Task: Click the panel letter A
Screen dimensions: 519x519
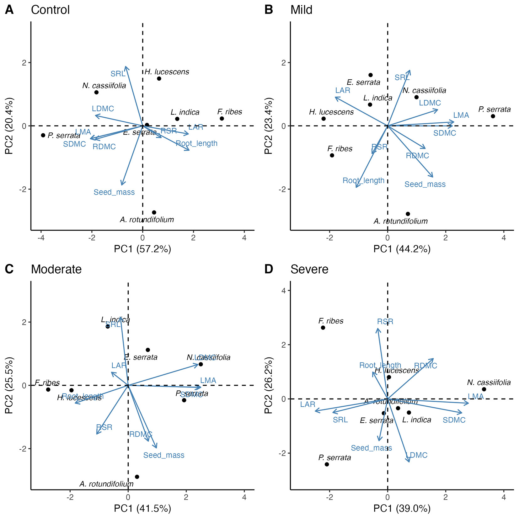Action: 9,10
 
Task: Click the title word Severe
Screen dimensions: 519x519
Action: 309,269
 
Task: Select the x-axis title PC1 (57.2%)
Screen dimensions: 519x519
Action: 142,249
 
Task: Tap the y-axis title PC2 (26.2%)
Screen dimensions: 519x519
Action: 268,385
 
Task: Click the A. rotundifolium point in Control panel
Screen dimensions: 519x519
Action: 154,212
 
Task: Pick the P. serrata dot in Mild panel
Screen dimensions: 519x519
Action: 493,116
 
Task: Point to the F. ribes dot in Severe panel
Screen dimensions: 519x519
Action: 323,328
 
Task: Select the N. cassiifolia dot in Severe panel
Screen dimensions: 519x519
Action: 484,389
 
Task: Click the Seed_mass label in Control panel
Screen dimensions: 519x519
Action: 114,192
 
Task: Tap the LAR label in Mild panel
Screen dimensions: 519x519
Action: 342,90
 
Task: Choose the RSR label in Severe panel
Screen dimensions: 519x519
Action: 385,321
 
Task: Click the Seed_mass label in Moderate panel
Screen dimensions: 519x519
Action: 164,455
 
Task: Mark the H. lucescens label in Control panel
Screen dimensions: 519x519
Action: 167,72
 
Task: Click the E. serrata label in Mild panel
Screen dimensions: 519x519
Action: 363,82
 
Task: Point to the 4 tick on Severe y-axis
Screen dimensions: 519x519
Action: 284,291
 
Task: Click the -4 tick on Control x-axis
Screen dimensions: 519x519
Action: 41,238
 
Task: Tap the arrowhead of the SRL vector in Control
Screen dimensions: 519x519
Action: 126,67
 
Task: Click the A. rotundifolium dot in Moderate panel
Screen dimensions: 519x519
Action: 137,477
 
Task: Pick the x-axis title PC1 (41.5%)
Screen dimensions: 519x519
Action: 142,508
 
